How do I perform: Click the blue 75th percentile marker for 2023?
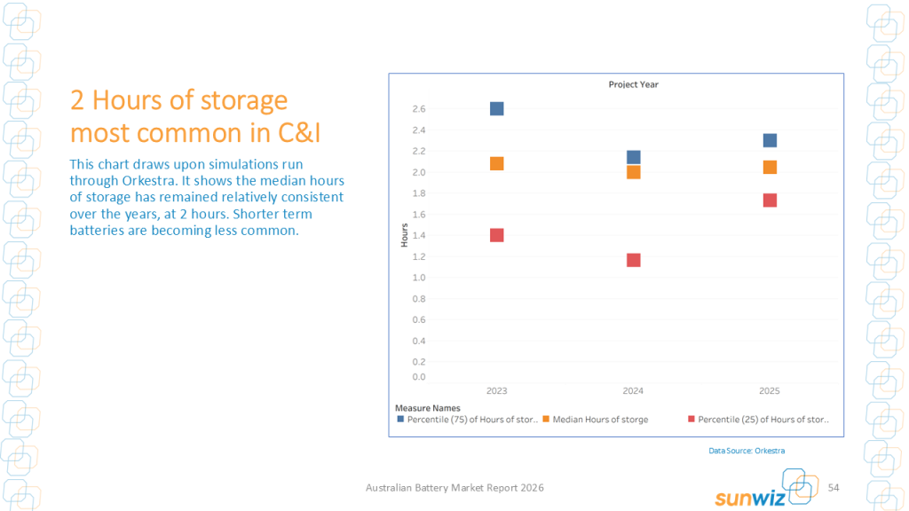497,109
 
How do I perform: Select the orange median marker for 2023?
497,163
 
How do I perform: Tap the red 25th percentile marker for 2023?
497,235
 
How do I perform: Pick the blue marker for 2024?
634,157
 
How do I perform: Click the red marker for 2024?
634,260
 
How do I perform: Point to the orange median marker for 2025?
771,167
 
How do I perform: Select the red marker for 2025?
771,200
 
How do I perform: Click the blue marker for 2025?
771,140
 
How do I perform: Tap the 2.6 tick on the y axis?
419,109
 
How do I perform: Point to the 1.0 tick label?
419,278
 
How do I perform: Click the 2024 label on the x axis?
634,391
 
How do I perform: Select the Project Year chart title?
634,85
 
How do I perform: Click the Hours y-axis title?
405,234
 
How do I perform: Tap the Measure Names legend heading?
428,408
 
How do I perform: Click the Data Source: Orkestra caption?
747,451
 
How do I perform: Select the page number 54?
834,488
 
